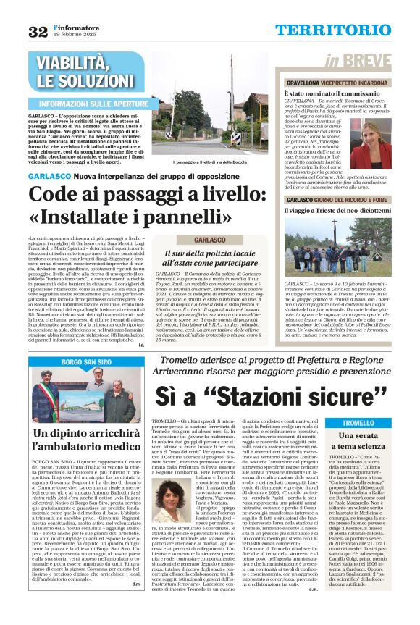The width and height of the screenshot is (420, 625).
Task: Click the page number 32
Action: point(37,31)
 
